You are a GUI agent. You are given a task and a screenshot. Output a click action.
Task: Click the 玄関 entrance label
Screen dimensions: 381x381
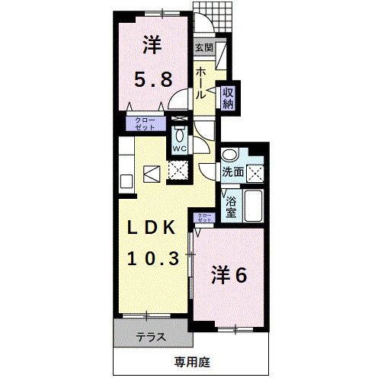tap(203, 48)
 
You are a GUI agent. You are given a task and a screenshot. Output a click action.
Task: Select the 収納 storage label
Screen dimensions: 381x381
tap(228, 98)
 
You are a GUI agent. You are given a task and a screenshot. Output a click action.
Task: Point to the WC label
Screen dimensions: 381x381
tap(180, 148)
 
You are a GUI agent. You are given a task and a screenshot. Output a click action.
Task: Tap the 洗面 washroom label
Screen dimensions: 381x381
tap(233, 172)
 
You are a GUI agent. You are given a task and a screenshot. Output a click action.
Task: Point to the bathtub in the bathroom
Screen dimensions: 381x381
tap(255, 204)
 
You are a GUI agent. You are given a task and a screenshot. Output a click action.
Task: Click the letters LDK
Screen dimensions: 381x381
tap(152, 228)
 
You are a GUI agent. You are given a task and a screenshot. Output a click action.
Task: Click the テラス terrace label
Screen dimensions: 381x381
tap(151, 336)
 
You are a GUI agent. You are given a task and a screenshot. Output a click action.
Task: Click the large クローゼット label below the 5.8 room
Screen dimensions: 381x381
tap(144, 123)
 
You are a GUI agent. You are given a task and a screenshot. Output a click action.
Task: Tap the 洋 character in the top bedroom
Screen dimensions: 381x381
tap(150, 46)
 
